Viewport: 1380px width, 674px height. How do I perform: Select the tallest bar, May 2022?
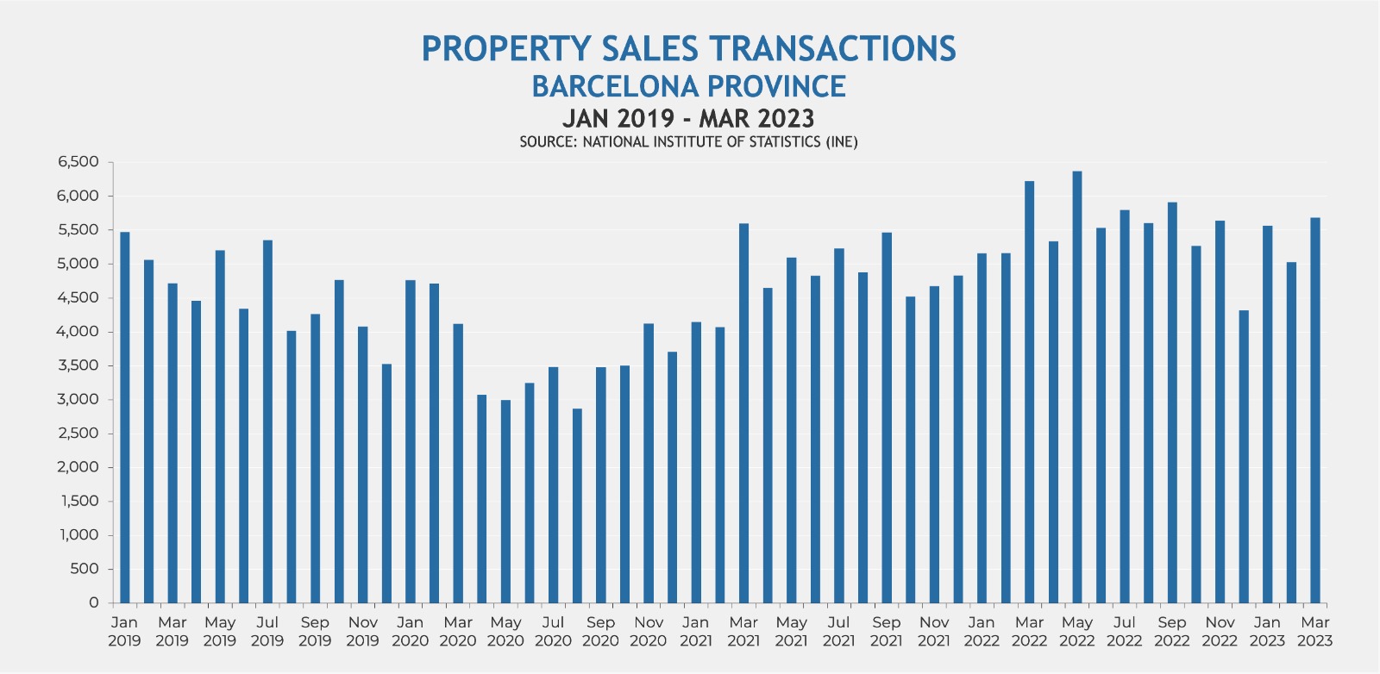1077,387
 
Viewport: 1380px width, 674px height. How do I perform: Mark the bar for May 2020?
505,501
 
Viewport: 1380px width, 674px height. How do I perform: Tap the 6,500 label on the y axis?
79,162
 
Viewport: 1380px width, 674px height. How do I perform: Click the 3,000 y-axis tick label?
79,399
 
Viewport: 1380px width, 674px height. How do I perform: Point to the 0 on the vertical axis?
94,602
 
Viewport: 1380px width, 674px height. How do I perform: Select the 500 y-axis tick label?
85,569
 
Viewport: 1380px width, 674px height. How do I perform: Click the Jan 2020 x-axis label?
410,631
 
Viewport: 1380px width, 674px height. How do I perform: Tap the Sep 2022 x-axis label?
1172,631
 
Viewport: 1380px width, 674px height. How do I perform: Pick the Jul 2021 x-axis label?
838,631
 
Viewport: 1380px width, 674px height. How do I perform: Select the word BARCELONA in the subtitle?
615,86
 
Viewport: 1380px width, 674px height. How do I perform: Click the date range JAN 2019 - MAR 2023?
688,117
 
